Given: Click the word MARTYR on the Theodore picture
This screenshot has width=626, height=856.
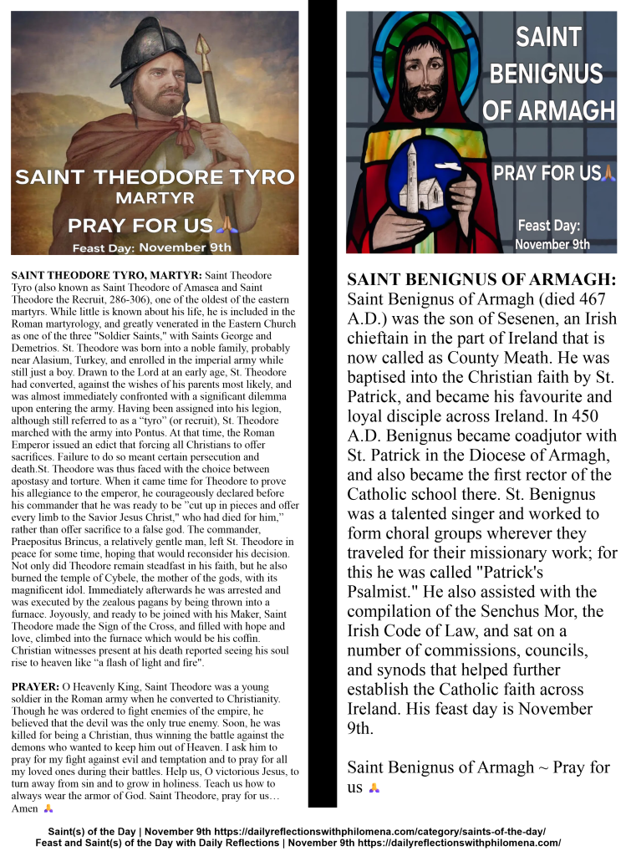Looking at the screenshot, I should [x=155, y=200].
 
